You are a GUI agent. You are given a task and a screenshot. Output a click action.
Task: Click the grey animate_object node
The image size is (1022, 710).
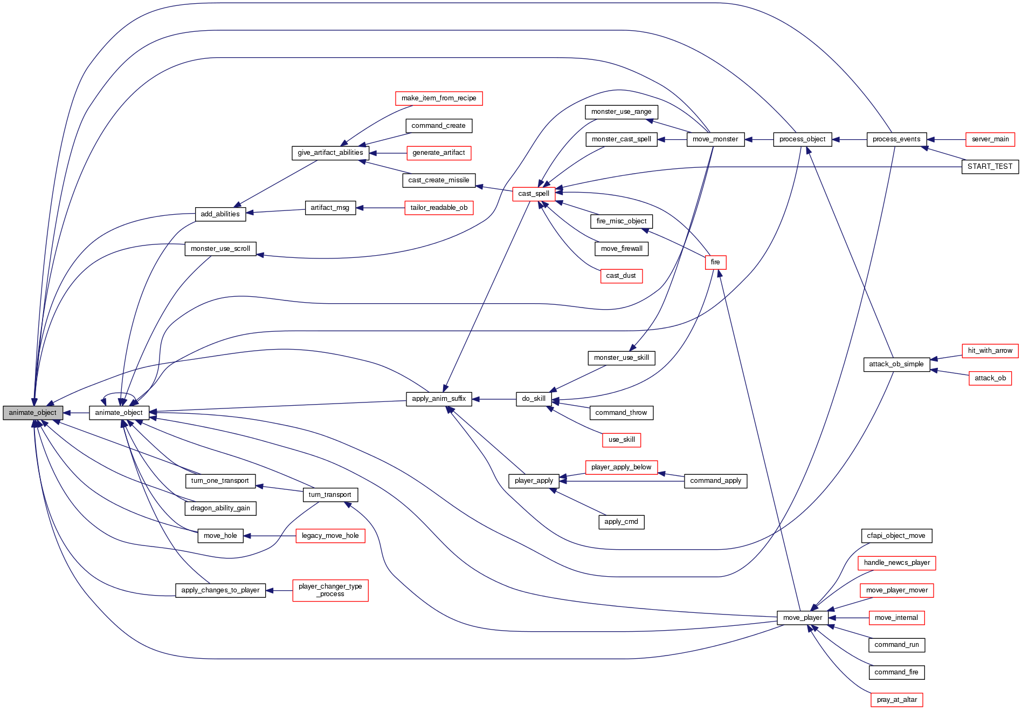33,413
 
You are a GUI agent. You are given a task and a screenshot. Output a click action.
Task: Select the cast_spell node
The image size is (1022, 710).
534,194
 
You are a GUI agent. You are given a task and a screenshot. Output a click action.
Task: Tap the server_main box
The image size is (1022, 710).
990,139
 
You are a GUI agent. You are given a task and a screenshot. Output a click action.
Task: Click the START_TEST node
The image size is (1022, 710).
990,167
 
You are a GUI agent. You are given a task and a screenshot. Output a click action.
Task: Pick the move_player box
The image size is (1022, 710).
802,618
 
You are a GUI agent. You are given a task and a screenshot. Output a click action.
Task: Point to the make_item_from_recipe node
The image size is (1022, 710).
439,98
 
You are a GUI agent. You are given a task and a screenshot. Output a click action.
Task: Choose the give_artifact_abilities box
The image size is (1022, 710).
330,153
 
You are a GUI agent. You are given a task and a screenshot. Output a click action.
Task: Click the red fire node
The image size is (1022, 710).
715,262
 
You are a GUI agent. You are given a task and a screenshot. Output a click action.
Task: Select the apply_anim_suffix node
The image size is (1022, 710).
439,399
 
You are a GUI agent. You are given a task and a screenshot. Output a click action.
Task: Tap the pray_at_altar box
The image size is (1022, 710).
896,700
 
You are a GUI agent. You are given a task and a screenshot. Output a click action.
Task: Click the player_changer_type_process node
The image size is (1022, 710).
330,590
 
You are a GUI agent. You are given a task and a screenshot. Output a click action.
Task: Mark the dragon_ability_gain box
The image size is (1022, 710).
220,508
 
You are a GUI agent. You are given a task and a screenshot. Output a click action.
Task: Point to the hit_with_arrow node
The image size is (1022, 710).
990,351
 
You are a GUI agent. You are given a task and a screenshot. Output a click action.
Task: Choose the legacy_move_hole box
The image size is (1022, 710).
330,536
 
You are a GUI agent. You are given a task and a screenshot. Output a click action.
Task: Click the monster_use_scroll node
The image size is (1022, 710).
220,249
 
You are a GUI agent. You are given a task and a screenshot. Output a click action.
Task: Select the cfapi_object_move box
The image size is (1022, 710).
896,536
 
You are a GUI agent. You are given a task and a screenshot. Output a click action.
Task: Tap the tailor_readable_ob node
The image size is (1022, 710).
439,208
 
